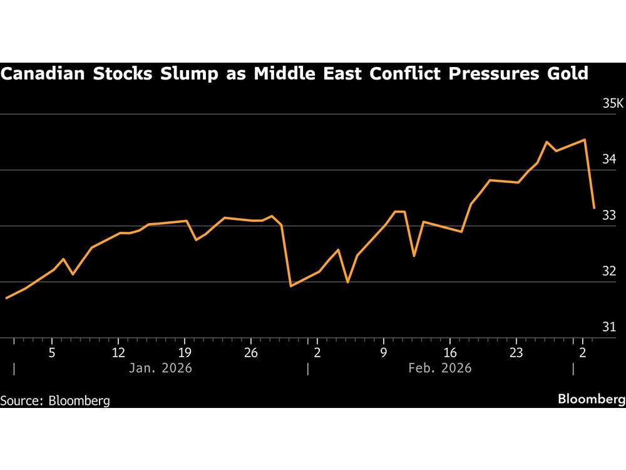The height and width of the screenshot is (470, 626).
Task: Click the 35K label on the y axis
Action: [x=613, y=103]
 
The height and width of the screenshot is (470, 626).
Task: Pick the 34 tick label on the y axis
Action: [x=609, y=159]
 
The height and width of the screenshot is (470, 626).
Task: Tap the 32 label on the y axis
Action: [x=609, y=271]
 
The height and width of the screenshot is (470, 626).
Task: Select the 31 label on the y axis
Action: [x=609, y=327]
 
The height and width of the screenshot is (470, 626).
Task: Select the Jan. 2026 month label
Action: [x=160, y=368]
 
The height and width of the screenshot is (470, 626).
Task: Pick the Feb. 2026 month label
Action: [x=439, y=368]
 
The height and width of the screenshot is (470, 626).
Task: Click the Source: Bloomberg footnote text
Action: [x=55, y=400]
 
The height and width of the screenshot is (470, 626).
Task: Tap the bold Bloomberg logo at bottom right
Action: [x=591, y=399]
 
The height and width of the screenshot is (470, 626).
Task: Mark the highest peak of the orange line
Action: [x=584, y=140]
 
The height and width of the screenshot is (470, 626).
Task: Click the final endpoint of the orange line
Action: [x=594, y=207]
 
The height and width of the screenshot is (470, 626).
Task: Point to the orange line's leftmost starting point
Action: [x=6, y=298]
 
